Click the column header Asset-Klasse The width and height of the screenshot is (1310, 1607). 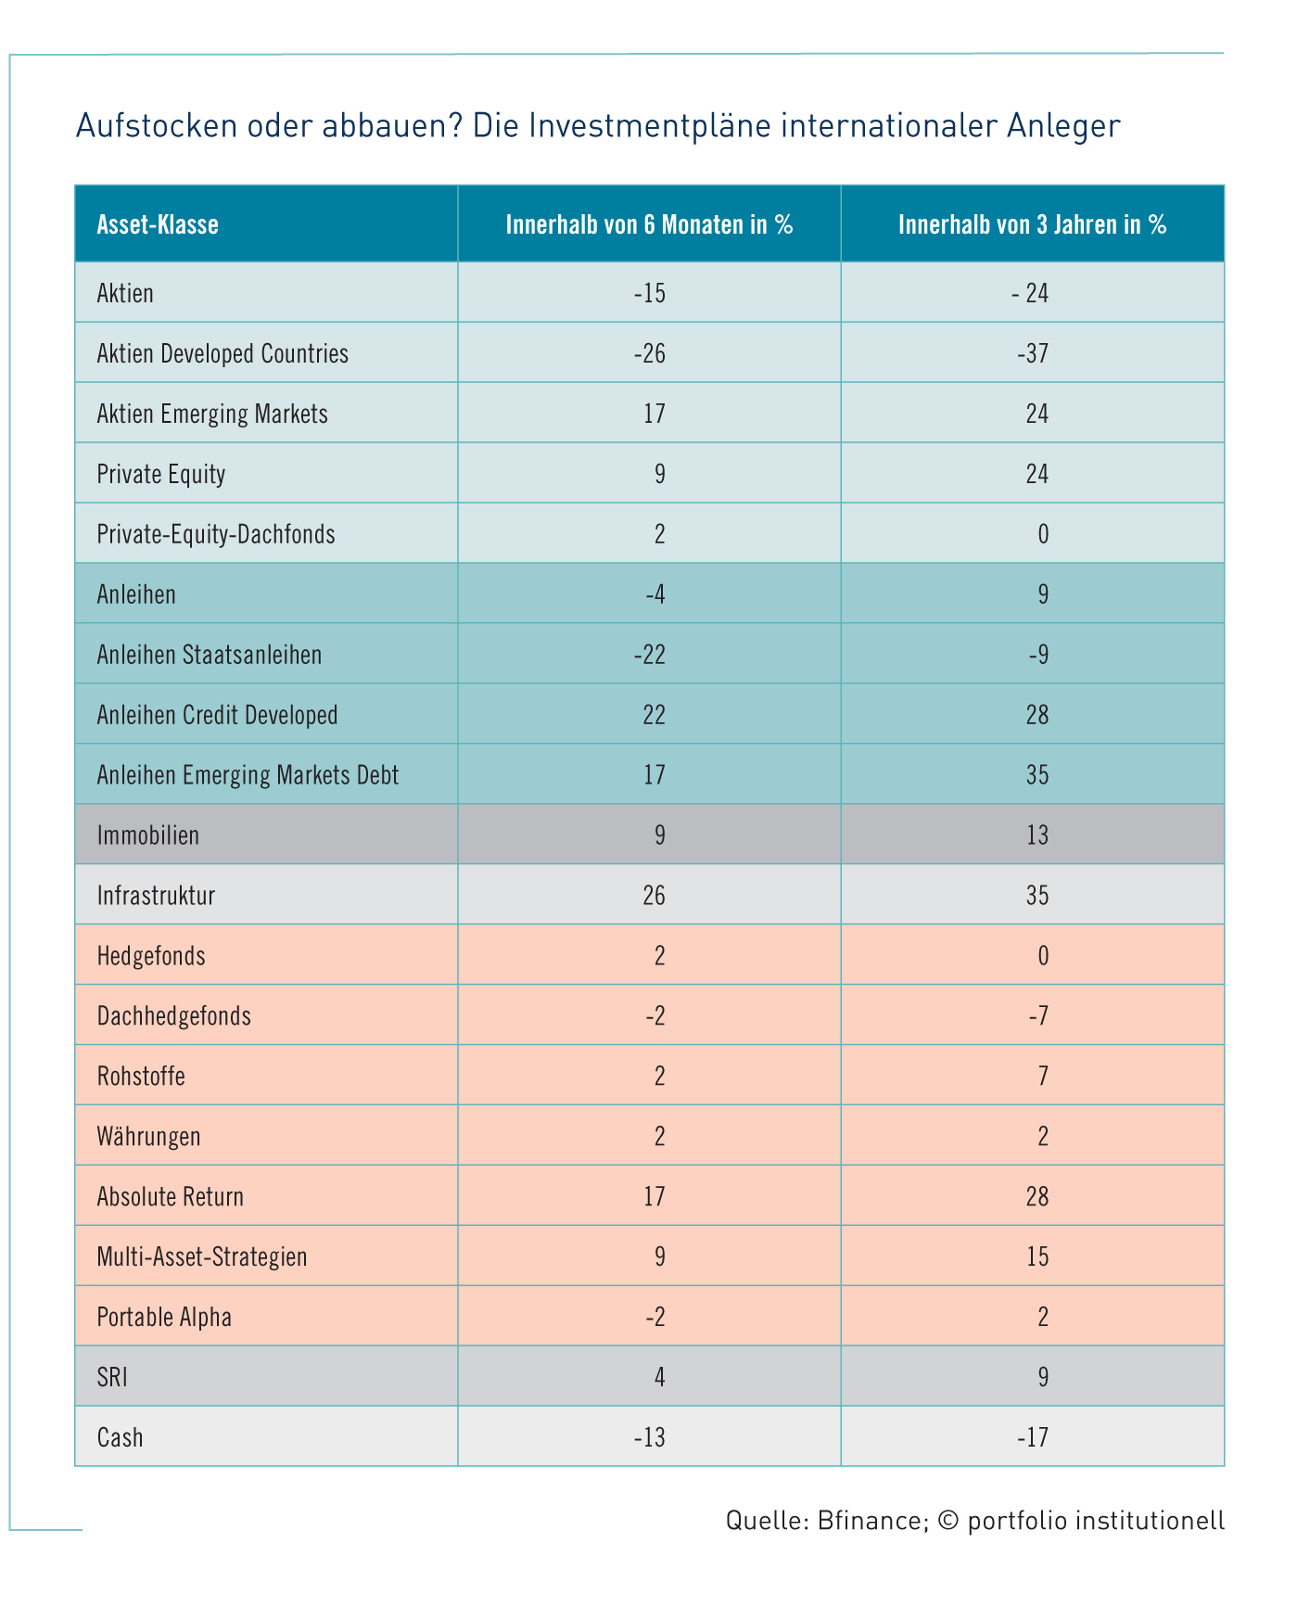[158, 224]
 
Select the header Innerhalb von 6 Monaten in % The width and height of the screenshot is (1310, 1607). [649, 224]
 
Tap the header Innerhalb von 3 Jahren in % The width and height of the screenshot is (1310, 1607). [1032, 224]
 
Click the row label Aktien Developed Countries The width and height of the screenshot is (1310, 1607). [223, 353]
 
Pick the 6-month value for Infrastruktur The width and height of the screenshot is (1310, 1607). [655, 896]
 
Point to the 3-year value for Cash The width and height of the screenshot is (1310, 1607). [1032, 1437]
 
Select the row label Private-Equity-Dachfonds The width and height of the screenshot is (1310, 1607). [216, 534]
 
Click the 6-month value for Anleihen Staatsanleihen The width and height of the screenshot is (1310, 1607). [650, 655]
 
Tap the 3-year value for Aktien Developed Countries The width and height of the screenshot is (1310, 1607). [1032, 353]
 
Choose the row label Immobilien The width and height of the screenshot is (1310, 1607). [148, 835]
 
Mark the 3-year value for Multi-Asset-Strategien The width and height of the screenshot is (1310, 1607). [1037, 1256]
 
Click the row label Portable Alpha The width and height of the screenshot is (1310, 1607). [164, 1317]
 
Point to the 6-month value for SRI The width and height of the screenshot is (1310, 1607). [660, 1377]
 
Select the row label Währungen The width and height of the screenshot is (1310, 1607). [148, 1136]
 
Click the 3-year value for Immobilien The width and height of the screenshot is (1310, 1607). [1037, 835]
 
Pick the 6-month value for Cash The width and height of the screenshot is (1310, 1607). [650, 1437]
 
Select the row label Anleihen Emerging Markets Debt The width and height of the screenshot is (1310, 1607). [248, 775]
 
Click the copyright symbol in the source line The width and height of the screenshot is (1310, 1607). [948, 1521]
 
